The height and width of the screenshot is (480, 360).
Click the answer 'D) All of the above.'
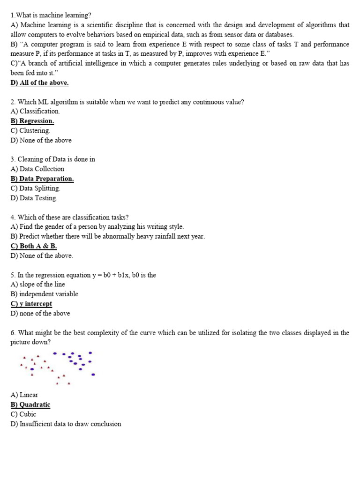click(x=39, y=83)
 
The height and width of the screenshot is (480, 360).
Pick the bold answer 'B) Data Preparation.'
click(x=42, y=179)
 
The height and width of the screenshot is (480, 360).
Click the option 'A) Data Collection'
click(x=37, y=169)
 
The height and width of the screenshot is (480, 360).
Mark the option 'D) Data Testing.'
click(x=34, y=198)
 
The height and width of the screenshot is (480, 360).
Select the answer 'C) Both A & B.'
click(x=34, y=246)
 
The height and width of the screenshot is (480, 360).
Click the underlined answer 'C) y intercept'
click(x=31, y=304)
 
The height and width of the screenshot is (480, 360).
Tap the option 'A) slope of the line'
click(x=37, y=284)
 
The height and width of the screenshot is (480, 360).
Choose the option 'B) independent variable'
click(x=44, y=294)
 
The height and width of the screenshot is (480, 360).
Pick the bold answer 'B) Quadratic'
click(x=30, y=405)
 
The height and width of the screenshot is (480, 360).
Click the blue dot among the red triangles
click(x=32, y=369)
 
